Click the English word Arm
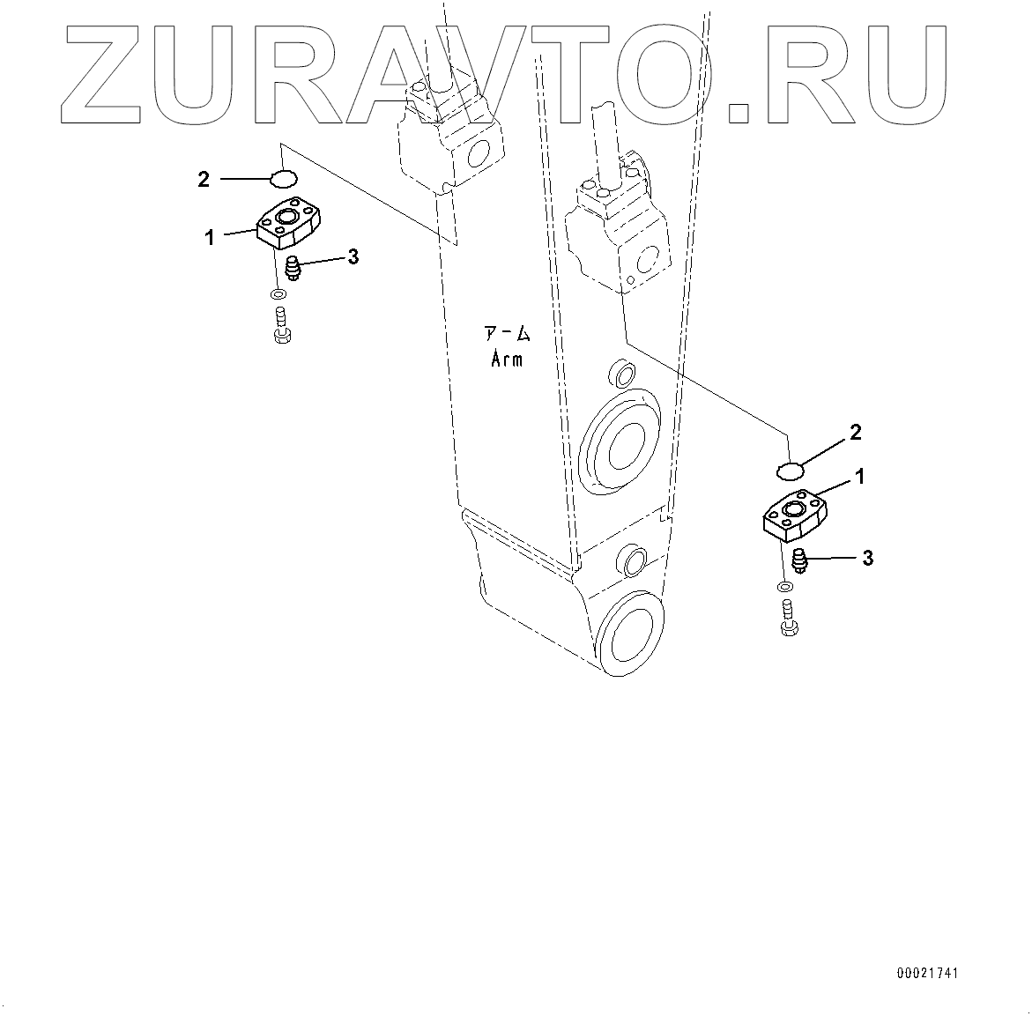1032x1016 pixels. click(x=506, y=359)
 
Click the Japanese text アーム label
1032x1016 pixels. click(x=506, y=333)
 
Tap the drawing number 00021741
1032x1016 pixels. click(x=927, y=974)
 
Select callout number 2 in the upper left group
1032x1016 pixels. click(x=204, y=180)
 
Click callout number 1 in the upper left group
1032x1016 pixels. click(x=210, y=237)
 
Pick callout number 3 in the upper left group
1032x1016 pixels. click(x=353, y=256)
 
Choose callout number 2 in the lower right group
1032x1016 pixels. click(x=855, y=432)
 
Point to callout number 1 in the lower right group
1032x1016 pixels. click(x=859, y=477)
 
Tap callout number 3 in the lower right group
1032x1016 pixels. click(x=867, y=558)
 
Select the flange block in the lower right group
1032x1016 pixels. click(x=794, y=516)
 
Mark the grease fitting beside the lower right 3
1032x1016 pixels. click(x=800, y=560)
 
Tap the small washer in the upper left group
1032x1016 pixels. click(x=278, y=293)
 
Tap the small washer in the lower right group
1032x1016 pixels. click(x=783, y=586)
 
